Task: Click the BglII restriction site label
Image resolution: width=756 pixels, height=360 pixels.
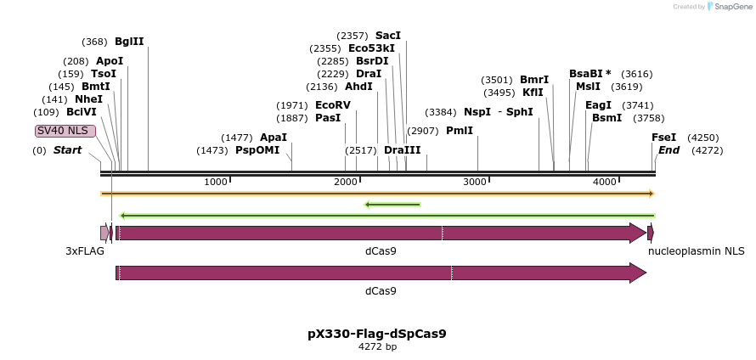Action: pos(129,42)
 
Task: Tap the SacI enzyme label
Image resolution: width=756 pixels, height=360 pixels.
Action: pos(387,36)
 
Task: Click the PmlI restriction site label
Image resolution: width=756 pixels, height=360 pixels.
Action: pos(459,131)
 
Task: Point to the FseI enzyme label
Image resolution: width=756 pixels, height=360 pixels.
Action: pos(663,138)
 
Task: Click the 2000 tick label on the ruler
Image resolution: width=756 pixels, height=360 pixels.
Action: pos(345,183)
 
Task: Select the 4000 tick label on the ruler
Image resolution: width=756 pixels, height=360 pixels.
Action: pos(604,183)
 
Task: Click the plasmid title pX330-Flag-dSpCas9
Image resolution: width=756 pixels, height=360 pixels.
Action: pos(376,334)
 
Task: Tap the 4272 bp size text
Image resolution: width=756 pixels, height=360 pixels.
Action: pos(377,346)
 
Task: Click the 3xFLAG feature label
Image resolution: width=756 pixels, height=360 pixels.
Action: pos(85,251)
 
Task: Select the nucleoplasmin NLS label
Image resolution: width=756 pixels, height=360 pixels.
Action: pos(696,251)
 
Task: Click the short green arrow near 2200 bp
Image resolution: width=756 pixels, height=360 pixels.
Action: pos(392,205)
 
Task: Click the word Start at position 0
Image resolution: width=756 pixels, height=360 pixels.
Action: pos(68,150)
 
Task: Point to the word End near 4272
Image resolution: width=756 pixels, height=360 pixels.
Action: pos(669,150)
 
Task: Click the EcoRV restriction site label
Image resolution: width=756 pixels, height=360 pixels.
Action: pos(332,105)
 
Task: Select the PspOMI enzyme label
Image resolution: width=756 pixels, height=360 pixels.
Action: pos(257,150)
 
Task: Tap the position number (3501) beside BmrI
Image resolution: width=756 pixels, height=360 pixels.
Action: pos(498,80)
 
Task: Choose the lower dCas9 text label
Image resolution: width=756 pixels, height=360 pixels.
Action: pos(381,291)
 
